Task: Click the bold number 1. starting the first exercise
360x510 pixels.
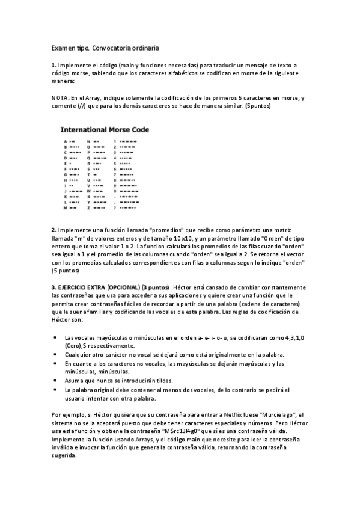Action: pos(54,65)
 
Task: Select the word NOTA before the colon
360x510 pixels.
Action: pos(59,98)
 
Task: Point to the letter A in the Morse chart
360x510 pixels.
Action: pos(64,140)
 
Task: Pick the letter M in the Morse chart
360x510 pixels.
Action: pos(64,207)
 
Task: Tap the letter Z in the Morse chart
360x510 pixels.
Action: pos(88,207)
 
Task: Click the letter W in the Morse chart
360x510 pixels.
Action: pos(88,191)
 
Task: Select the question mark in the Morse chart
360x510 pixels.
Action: pos(114,207)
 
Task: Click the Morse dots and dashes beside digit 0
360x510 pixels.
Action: pos(129,191)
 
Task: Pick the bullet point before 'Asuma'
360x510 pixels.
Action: pos(55,381)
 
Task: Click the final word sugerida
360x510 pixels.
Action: pos(65,456)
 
